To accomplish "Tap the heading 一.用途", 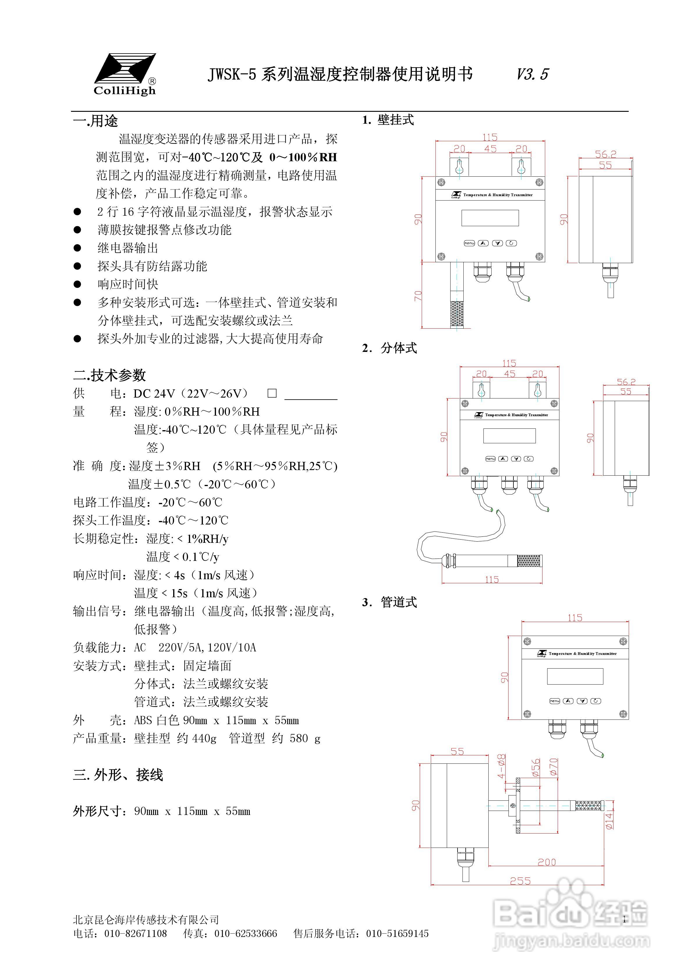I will [95, 121].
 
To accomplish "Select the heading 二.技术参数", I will [110, 375].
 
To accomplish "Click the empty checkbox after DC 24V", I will [272, 393].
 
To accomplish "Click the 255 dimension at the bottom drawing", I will [520, 881].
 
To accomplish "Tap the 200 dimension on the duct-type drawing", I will [547, 862].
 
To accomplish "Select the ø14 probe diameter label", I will [609, 820].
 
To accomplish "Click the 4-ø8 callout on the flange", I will [502, 766].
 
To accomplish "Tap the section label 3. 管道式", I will [390, 602].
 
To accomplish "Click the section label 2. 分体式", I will [390, 348].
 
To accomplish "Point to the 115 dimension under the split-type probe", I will [492, 580].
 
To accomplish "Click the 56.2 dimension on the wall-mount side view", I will [605, 154].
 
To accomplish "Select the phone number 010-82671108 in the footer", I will [136, 933].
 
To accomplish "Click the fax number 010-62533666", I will [246, 933].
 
